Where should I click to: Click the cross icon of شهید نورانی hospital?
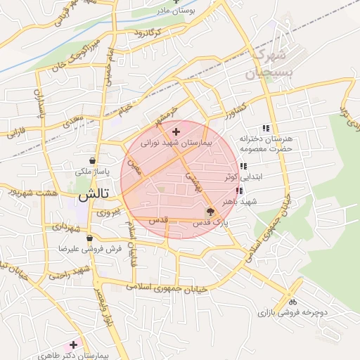pyautogui.click(x=176, y=131)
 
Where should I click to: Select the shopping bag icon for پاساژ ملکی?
pyautogui.click(x=92, y=161)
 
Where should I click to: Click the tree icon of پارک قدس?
pyautogui.click(x=211, y=211)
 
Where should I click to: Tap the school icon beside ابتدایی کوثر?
pyautogui.click(x=243, y=167)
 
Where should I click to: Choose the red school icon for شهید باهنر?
pyautogui.click(x=240, y=191)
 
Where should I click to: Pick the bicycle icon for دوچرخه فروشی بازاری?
pyautogui.click(x=292, y=302)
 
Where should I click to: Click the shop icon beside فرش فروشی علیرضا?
pyautogui.click(x=89, y=238)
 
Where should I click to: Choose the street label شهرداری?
pyautogui.click(x=69, y=228)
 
